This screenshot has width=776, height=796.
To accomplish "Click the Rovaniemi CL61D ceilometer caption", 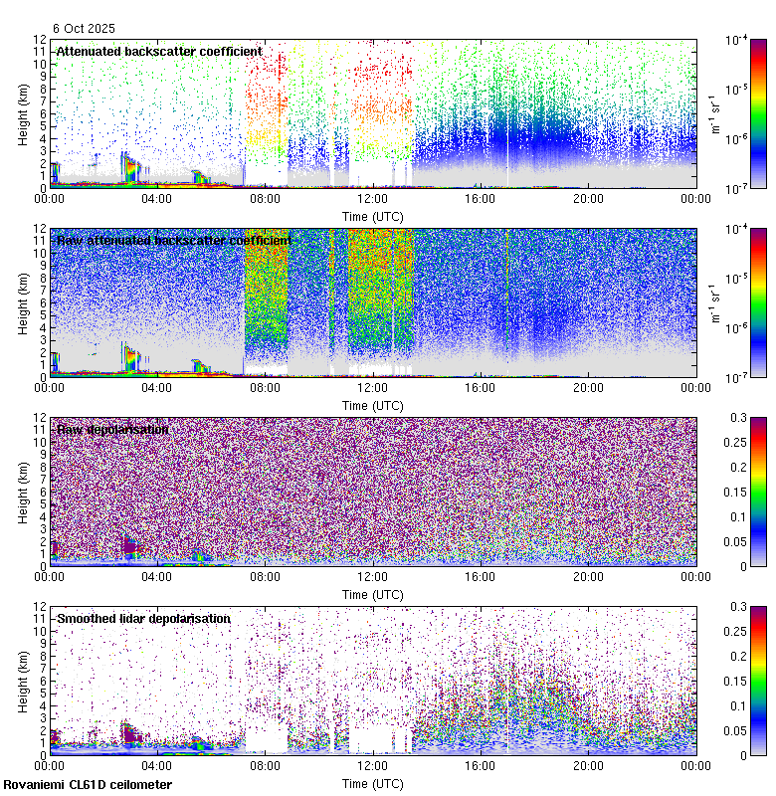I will click(x=88, y=785).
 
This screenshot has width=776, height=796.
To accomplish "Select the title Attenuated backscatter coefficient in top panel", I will click(x=159, y=51).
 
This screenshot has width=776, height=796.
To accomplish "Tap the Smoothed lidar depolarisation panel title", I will click(x=143, y=618).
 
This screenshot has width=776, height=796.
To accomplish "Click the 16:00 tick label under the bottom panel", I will click(x=480, y=765).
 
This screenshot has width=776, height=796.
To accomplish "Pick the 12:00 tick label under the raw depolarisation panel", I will click(x=372, y=576).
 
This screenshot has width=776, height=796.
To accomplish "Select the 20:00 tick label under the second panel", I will click(x=588, y=387).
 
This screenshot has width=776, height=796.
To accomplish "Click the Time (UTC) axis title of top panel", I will click(x=372, y=215).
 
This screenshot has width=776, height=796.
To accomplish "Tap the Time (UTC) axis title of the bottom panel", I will click(x=372, y=783).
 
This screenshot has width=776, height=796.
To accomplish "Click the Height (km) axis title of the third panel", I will click(x=23, y=492).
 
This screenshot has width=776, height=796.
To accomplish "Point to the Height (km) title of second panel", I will click(x=23, y=302).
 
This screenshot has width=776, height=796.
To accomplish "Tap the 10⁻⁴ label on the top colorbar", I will click(x=738, y=40).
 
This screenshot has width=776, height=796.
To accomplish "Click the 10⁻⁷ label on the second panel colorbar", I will click(x=738, y=378).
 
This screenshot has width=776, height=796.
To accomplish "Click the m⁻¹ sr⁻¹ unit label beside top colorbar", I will click(x=715, y=113).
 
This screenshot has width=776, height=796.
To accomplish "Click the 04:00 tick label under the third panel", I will click(x=156, y=576).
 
